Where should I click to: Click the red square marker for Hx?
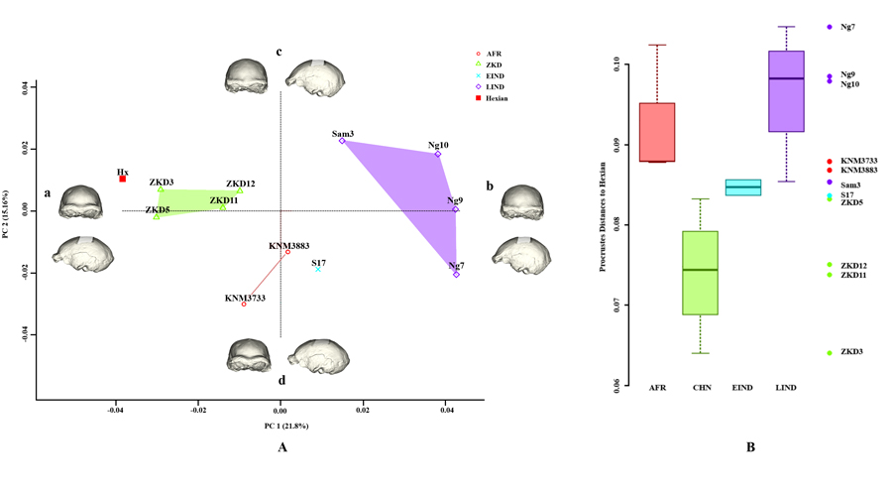(x=123, y=180)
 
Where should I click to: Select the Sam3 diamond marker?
(x=342, y=141)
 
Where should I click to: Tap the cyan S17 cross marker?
(x=318, y=269)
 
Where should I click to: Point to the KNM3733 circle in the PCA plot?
(x=244, y=305)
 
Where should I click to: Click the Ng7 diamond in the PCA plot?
(x=456, y=274)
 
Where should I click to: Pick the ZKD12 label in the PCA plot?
(x=240, y=184)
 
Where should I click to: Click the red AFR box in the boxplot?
(x=657, y=132)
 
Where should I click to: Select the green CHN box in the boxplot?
(x=700, y=272)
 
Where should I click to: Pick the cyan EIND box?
(x=742, y=187)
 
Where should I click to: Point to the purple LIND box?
(x=786, y=91)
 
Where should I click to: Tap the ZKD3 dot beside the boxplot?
(x=830, y=352)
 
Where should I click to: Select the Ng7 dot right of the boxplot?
(x=830, y=27)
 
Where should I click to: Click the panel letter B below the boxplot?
(x=750, y=447)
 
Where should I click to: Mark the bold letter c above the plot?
(x=279, y=52)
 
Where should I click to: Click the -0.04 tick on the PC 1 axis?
(x=116, y=409)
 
